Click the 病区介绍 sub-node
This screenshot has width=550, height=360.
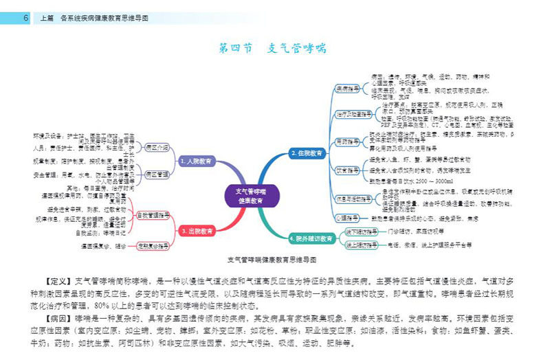[x=157, y=147]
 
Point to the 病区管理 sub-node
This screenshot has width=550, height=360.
[x=157, y=175]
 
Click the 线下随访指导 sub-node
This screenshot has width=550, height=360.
[x=361, y=232]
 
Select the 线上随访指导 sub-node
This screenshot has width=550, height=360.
[x=361, y=245]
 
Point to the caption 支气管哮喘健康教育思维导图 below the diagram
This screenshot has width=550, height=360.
[x=272, y=261]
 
